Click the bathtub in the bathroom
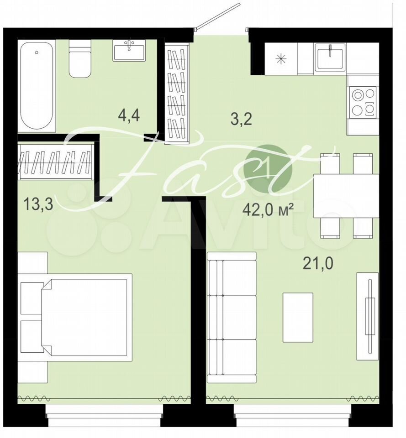(x=37, y=85)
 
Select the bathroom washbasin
(x=129, y=50)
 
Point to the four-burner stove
(x=363, y=102)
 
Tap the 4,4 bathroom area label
(x=129, y=115)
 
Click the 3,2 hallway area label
(x=241, y=119)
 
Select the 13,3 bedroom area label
(x=38, y=203)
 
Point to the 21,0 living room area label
(x=318, y=263)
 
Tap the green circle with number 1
(x=268, y=169)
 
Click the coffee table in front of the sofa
(x=298, y=318)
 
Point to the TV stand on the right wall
(x=368, y=316)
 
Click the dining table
(x=346, y=196)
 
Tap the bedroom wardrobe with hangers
(x=56, y=162)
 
